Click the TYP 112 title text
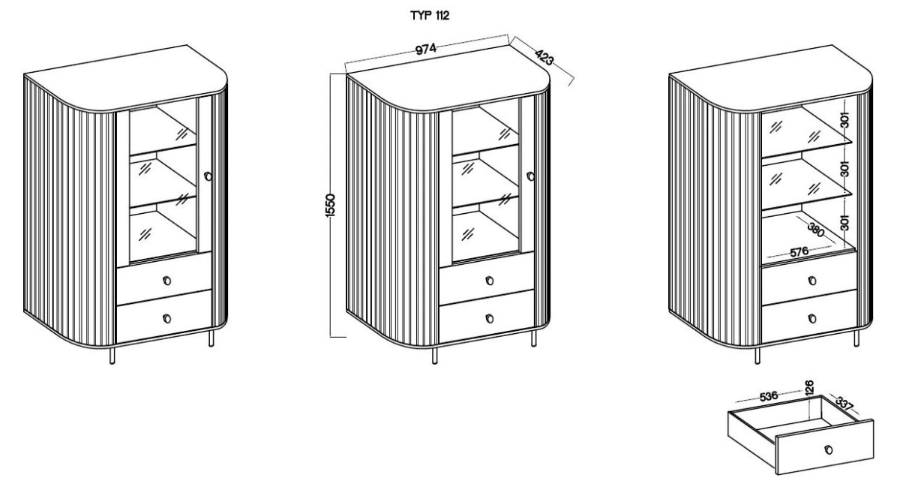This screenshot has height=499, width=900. [430, 16]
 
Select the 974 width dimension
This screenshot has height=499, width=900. [425, 49]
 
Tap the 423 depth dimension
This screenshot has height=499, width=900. [544, 58]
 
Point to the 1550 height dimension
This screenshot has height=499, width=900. [330, 206]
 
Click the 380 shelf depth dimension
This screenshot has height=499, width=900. [816, 230]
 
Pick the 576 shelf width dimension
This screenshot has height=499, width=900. [799, 252]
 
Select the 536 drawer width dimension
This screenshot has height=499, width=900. [769, 396]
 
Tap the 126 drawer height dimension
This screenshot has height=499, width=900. [809, 386]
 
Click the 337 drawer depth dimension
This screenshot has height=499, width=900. [844, 404]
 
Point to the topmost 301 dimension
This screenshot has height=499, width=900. [845, 120]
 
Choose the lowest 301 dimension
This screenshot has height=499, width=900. [845, 223]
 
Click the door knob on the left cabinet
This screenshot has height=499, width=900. [208, 176]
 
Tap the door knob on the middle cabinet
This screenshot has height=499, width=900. [530, 176]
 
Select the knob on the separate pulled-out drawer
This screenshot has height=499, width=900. [828, 449]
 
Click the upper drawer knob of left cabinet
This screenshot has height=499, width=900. [166, 281]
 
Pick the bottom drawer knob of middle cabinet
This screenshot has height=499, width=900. [489, 319]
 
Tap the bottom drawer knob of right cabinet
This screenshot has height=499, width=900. [812, 319]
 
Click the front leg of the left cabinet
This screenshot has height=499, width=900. [112, 356]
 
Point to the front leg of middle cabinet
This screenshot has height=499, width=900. [435, 356]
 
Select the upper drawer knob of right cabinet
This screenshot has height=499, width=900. [812, 281]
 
